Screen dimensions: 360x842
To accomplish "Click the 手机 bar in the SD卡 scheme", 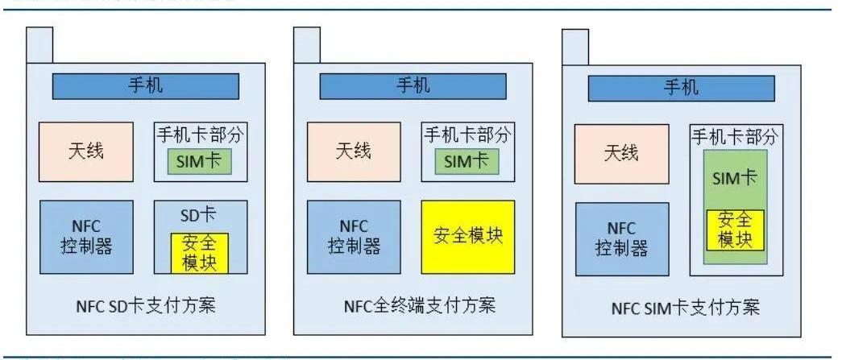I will point(146,86).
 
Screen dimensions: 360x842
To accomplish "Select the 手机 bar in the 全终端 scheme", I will point(413,86).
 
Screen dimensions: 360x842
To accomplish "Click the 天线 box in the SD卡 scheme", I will point(86,151).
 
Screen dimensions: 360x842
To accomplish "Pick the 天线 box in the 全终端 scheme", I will point(354,151).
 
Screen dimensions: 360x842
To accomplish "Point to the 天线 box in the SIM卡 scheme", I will point(621,154).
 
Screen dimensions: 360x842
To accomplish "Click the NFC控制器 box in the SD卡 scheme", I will point(86,237).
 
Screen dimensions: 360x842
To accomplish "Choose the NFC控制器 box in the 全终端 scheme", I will point(354,237).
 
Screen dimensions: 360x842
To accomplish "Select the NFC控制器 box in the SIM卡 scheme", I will point(621,240).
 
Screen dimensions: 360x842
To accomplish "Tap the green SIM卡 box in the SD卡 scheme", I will point(199,161).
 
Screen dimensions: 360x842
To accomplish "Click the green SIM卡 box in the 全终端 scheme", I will point(467,161).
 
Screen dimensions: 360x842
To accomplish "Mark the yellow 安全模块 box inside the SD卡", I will point(199,253).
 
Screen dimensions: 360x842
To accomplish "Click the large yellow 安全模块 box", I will point(467,237).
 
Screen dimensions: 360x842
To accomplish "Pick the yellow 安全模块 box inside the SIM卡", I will point(735,230).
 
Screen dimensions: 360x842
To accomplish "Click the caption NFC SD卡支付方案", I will point(146,307).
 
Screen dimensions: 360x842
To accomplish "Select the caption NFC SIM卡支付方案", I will point(684,308).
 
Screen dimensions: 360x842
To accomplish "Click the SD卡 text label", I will point(199,215).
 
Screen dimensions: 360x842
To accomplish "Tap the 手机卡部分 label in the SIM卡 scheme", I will point(735,137).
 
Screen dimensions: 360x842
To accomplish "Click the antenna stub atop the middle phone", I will point(308,44).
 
